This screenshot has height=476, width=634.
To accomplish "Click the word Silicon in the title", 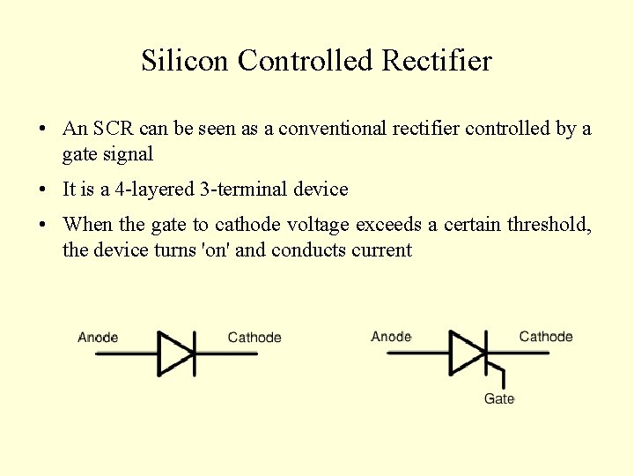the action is pos(186,61).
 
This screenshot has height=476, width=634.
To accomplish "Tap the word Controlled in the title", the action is pos(306,61).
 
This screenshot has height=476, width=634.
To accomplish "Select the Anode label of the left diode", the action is pos(98,338).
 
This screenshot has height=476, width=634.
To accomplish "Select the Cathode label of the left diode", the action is pos(254,338).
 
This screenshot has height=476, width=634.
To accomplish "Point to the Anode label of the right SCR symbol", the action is pos(391,337).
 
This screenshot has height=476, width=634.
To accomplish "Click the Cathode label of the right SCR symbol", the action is pos(546,337).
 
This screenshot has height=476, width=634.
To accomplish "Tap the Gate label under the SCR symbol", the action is pos(499,399).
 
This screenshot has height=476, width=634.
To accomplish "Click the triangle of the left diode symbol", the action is pos(174,353).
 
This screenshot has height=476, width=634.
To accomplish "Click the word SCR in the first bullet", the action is pos(115,129).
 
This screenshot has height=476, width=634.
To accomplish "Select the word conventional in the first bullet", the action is pos(332,129).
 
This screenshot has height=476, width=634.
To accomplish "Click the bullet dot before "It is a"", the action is pos(43,190).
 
